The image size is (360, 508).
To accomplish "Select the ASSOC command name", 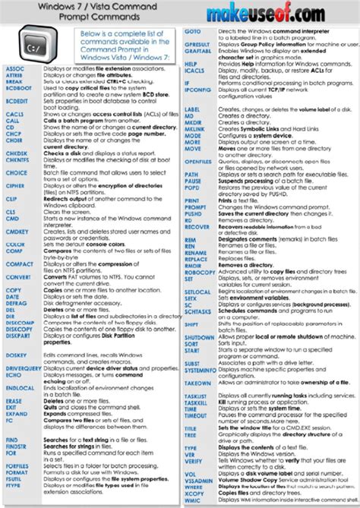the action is click(14, 68).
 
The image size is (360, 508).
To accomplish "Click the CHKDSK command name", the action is click(17, 153).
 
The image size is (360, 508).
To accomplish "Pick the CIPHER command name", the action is click(15, 185).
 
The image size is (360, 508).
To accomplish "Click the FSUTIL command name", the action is click(15, 480).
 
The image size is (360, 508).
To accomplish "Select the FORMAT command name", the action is click(17, 473).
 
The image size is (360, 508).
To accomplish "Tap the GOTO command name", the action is click(192, 30).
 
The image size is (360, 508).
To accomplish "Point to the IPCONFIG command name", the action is click(197, 90).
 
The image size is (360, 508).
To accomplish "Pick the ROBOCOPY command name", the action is click(201, 271).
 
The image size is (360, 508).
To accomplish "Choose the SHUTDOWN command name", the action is click(200, 336).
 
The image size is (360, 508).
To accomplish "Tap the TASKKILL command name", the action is click(196, 401).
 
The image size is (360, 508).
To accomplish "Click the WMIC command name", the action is click(193, 500).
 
